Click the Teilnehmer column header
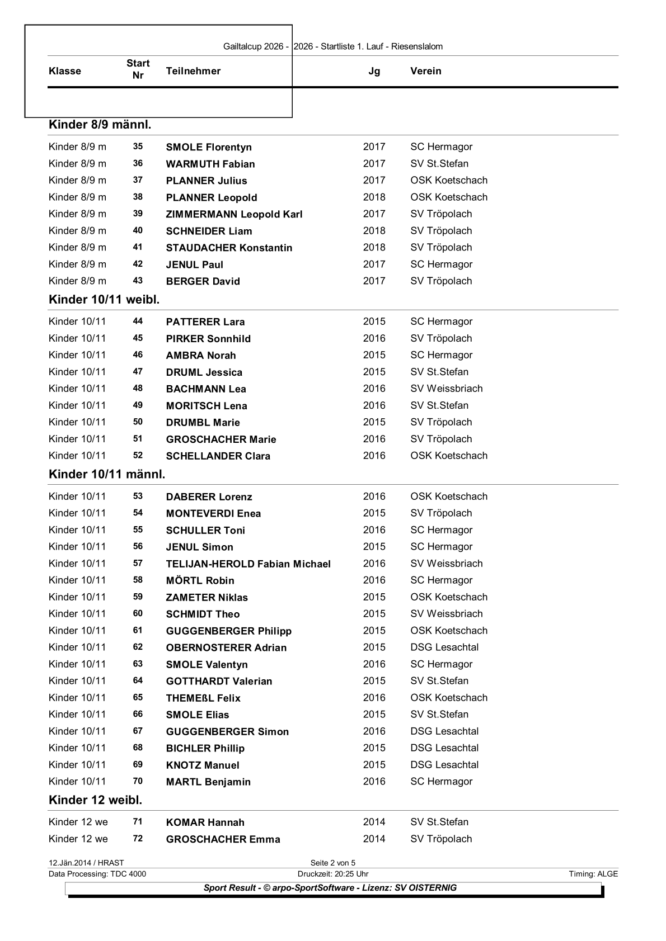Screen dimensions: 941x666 193,71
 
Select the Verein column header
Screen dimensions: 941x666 425,71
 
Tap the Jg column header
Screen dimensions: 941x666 374,71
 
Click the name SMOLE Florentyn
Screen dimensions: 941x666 209,147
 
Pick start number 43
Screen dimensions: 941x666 138,281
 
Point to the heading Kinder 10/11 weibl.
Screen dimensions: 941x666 104,300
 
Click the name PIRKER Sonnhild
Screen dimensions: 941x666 208,339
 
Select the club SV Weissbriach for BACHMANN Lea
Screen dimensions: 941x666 446,389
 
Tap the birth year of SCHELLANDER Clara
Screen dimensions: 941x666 374,456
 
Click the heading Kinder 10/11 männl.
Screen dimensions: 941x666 107,475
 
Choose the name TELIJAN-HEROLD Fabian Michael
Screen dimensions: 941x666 248,564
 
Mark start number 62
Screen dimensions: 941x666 138,647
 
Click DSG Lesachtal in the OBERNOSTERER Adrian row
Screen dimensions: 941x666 444,647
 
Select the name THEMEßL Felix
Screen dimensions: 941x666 203,698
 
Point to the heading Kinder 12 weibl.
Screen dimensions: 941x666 95,800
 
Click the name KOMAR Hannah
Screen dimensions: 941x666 205,822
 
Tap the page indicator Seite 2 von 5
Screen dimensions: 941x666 333,863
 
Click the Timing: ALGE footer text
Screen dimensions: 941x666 593,874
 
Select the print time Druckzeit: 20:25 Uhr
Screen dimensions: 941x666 333,874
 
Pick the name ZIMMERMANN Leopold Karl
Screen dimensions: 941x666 234,214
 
